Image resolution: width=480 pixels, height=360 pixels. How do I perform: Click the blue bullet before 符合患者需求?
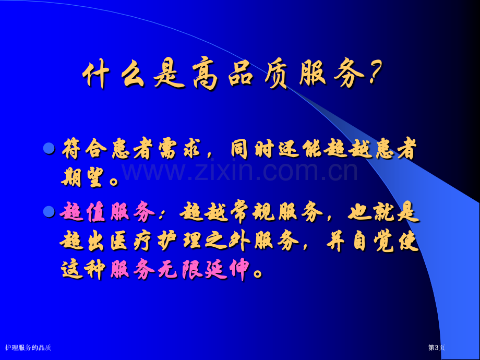(49, 148)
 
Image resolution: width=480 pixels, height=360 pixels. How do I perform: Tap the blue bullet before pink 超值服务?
(49, 211)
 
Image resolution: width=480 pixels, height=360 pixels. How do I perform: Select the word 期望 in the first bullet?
(81, 178)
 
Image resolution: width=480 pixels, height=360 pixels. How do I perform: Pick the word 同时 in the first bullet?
(251, 149)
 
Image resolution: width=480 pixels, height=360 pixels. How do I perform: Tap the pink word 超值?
(82, 212)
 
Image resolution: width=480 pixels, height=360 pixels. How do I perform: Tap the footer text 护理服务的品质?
(28, 347)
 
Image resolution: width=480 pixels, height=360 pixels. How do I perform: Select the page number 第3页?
(436, 347)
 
